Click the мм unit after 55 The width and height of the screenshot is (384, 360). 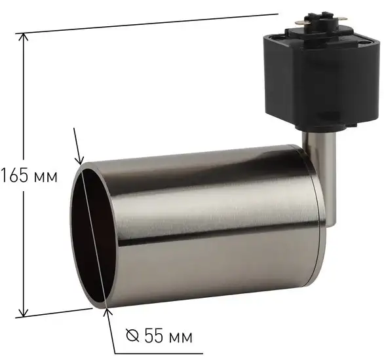[x=178, y=337]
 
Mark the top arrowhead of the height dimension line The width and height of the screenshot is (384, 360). [x=25, y=38]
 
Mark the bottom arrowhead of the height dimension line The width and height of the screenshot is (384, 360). [x=25, y=312]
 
